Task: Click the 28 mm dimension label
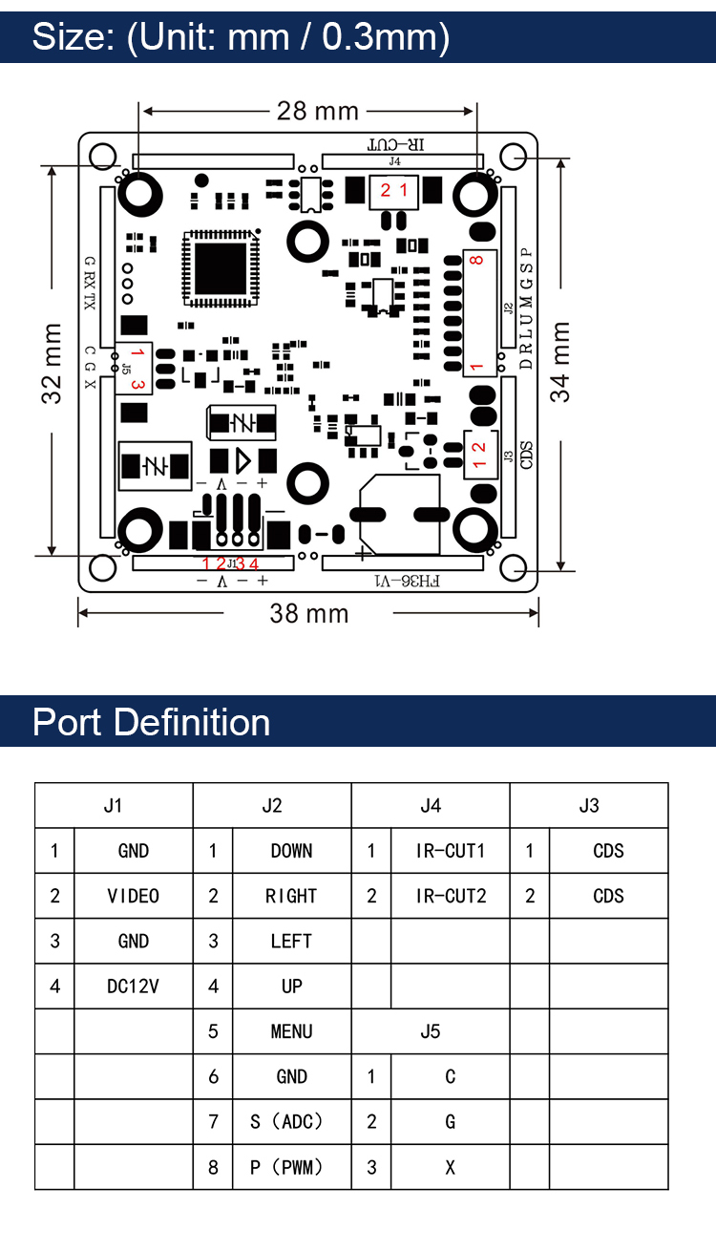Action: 318,112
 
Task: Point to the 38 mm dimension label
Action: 309,613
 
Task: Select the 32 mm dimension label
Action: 52,363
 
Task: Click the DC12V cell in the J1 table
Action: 133,987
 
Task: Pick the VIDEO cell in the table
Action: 133,896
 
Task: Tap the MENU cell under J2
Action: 291,1031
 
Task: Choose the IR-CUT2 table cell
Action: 451,896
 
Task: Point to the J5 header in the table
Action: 431,1031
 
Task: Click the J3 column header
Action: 589,805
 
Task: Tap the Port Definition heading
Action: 151,722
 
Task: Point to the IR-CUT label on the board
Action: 397,145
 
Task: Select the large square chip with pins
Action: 221,267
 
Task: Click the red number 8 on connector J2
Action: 476,260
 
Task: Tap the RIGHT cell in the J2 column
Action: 291,896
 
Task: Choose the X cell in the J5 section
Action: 450,1167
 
